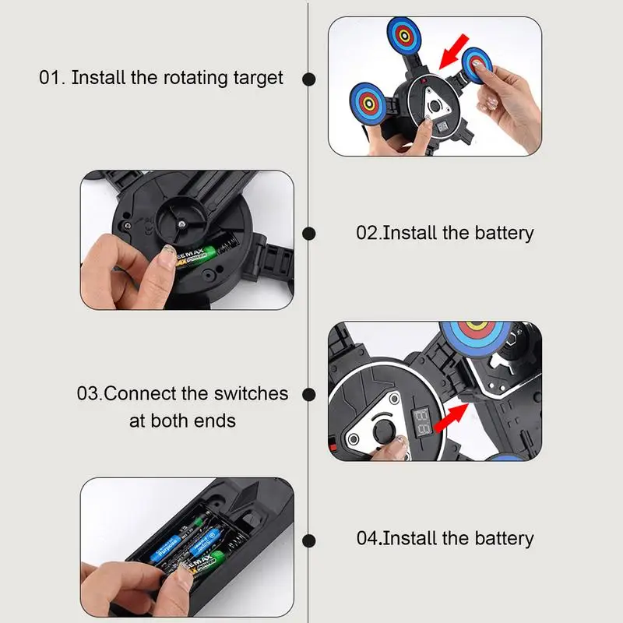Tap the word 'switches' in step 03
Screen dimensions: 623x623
(x=251, y=393)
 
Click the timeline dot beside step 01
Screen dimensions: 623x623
(x=308, y=79)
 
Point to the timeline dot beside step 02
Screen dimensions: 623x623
(x=308, y=234)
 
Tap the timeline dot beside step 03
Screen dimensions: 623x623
(x=308, y=395)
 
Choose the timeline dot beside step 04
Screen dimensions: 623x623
(x=308, y=540)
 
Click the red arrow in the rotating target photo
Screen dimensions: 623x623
(x=454, y=51)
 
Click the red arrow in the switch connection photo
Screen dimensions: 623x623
(x=452, y=417)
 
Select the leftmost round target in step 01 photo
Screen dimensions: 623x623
(x=368, y=104)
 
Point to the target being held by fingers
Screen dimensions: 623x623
(x=476, y=65)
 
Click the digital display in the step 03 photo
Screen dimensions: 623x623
(x=422, y=422)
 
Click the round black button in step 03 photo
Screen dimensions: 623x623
(x=384, y=431)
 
